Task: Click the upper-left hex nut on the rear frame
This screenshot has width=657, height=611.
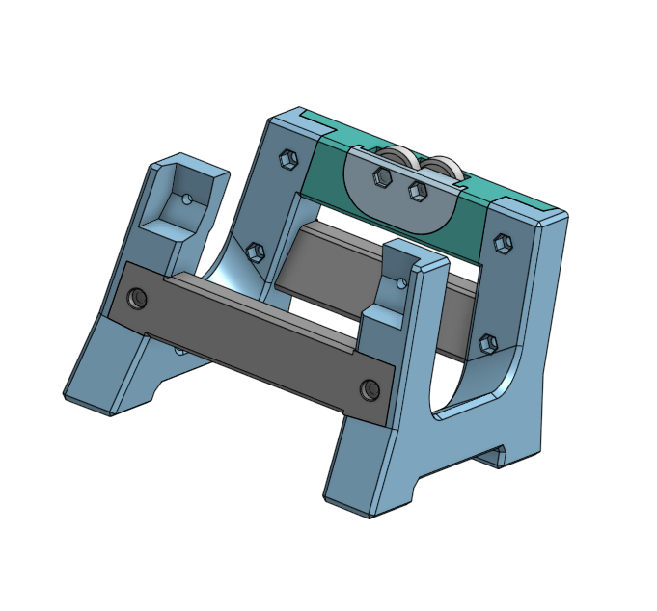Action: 287,158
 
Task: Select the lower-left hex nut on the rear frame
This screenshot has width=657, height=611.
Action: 256,252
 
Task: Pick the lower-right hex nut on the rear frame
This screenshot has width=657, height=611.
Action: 488,342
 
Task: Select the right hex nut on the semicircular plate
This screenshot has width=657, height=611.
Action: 417,191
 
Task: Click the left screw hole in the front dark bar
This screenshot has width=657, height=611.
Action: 137,298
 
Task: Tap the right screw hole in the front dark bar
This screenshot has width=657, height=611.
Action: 369,388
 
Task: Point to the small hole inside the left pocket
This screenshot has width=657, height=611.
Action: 186,199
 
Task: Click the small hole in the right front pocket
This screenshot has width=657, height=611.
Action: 402,283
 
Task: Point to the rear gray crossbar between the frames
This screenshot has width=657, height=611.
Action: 328,260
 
